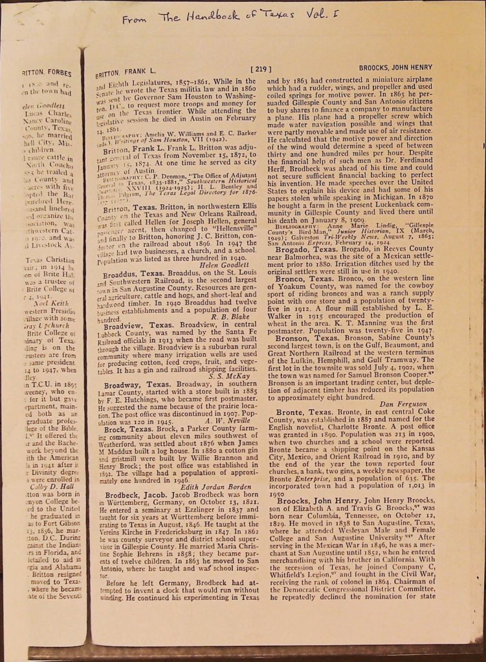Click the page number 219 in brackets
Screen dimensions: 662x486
(x=259, y=69)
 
